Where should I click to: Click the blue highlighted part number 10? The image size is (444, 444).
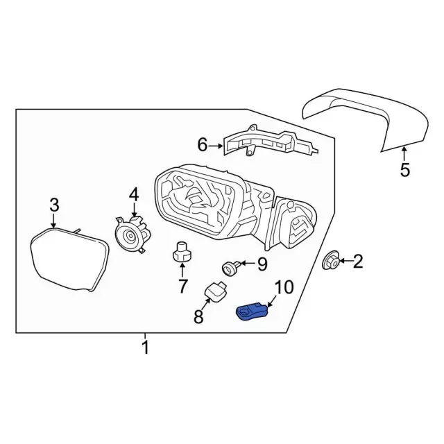(251, 311)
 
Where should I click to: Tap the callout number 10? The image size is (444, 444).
(284, 287)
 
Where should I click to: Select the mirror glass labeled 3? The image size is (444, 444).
(69, 259)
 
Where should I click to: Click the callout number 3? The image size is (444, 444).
(54, 205)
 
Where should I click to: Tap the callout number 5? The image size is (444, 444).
(405, 170)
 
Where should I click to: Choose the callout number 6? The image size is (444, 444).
(203, 145)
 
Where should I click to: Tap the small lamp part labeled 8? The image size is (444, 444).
(215, 292)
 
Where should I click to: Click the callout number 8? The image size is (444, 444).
(198, 316)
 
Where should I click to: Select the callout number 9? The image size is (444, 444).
(262, 264)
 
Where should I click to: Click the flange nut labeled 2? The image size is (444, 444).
(331, 260)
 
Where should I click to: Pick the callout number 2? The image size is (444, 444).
(358, 261)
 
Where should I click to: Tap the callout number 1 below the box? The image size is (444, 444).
(145, 348)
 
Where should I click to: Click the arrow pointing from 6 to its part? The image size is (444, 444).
(216, 146)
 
